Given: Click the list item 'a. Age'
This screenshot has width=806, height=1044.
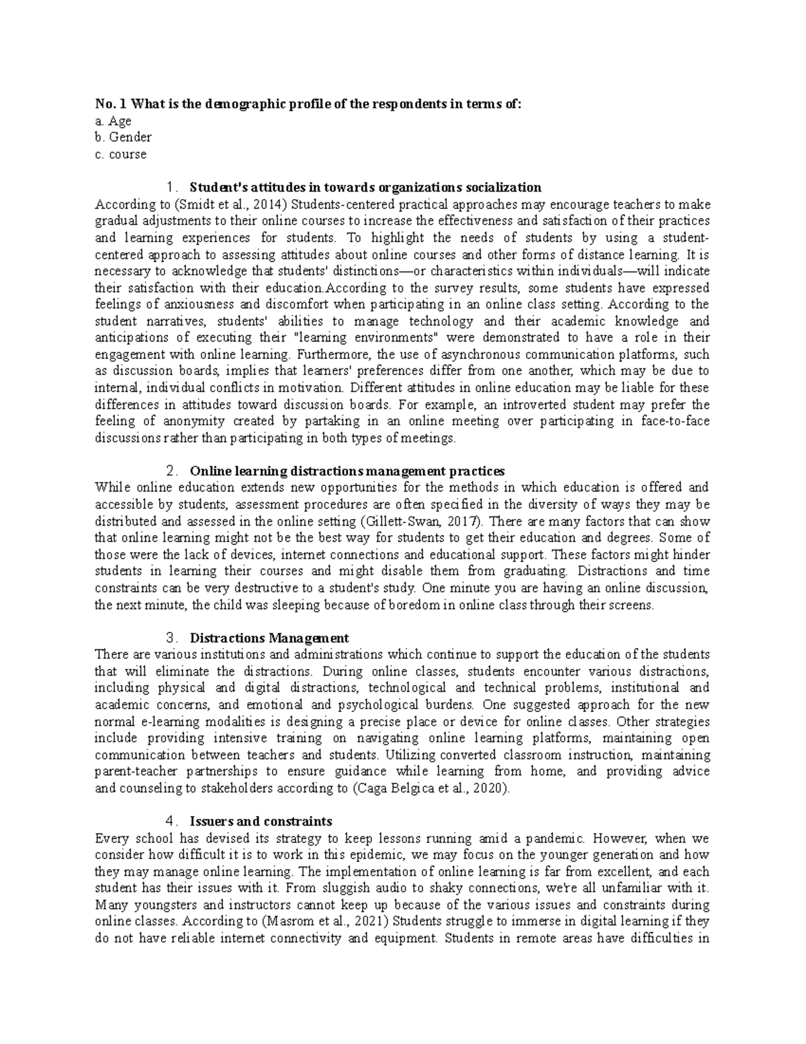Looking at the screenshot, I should coord(114,121).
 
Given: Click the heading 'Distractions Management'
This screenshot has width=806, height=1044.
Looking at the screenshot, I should coord(269,638).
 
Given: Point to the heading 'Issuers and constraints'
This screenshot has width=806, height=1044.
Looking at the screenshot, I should coord(261,821).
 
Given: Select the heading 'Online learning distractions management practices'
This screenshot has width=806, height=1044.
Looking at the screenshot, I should coord(347,471).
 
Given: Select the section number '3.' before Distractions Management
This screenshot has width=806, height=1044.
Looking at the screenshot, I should coord(172,638).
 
